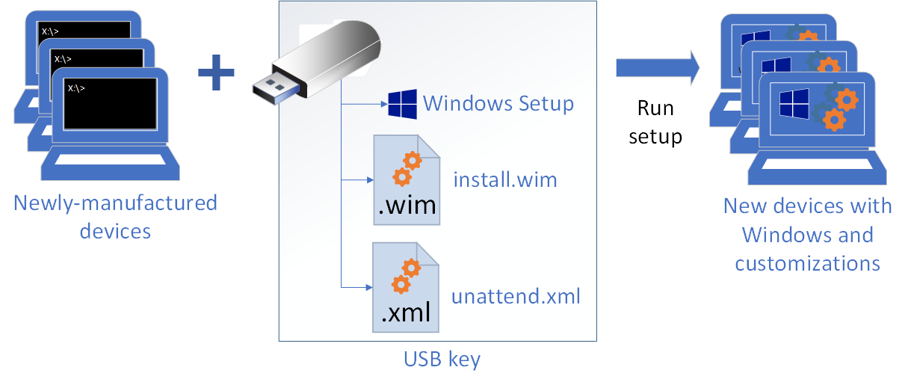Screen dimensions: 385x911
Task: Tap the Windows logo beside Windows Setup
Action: tap(401, 105)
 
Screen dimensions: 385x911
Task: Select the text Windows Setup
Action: tap(498, 103)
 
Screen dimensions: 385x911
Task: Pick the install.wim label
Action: tap(505, 180)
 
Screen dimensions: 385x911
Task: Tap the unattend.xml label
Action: tap(516, 296)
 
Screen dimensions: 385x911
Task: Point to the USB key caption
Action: tap(442, 360)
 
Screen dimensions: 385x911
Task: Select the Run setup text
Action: tap(655, 123)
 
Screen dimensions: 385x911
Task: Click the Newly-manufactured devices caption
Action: tap(115, 216)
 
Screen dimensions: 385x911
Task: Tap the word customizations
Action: tap(807, 263)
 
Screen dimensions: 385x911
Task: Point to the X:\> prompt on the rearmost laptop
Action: tap(51, 31)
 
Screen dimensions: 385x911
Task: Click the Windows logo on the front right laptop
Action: tap(794, 104)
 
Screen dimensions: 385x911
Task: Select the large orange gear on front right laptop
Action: tap(845, 98)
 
